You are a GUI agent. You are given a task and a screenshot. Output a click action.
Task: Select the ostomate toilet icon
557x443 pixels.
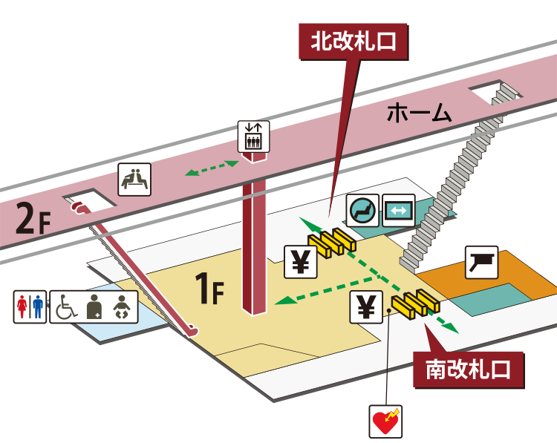pyautogui.click(x=94, y=306)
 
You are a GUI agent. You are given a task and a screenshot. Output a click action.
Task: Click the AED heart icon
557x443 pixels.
pyautogui.click(x=386, y=421)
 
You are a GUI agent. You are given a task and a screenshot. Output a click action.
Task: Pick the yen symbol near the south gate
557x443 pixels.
pyautogui.click(x=366, y=307)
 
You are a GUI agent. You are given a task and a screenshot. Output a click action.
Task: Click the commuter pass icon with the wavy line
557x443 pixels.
pyautogui.click(x=364, y=211)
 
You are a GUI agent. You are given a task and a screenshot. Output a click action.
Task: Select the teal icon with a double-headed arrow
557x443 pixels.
pyautogui.click(x=398, y=211)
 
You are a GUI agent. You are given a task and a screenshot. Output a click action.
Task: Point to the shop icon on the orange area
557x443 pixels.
pyautogui.click(x=481, y=262)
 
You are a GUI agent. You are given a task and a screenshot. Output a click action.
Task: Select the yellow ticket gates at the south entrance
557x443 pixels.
pyautogui.click(x=416, y=302)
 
